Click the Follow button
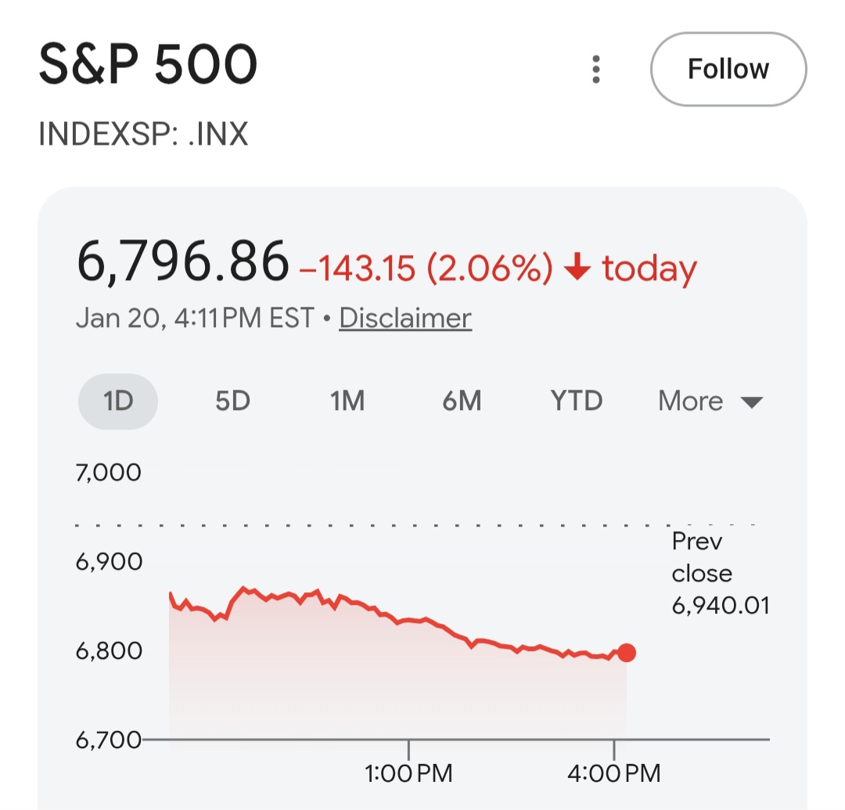(728, 69)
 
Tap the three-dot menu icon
(596, 70)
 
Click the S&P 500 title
(148, 67)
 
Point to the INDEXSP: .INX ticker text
(143, 135)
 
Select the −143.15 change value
(358, 268)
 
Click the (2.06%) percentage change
(490, 268)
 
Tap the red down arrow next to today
(577, 268)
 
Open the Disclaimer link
(405, 318)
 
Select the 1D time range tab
(118, 401)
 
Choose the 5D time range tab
(232, 401)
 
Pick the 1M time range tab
(347, 401)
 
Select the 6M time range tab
(462, 401)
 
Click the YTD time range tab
(577, 401)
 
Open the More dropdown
(710, 401)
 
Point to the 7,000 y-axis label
(109, 472)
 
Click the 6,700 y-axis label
(109, 739)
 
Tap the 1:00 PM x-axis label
(408, 774)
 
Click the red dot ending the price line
(626, 652)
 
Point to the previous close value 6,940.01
(721, 605)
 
